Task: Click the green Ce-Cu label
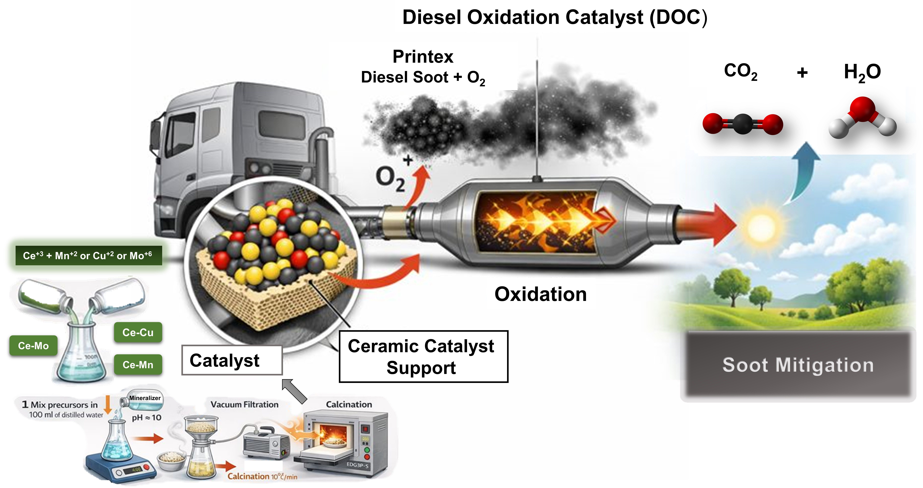pos(138,332)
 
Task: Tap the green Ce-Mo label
pos(33,346)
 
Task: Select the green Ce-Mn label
pos(138,364)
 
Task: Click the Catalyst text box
pos(232,360)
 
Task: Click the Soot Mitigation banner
pos(798,365)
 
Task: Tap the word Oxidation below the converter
pos(540,294)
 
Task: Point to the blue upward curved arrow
pos(803,172)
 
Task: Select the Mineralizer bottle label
pos(145,398)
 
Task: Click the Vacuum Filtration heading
pos(244,404)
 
